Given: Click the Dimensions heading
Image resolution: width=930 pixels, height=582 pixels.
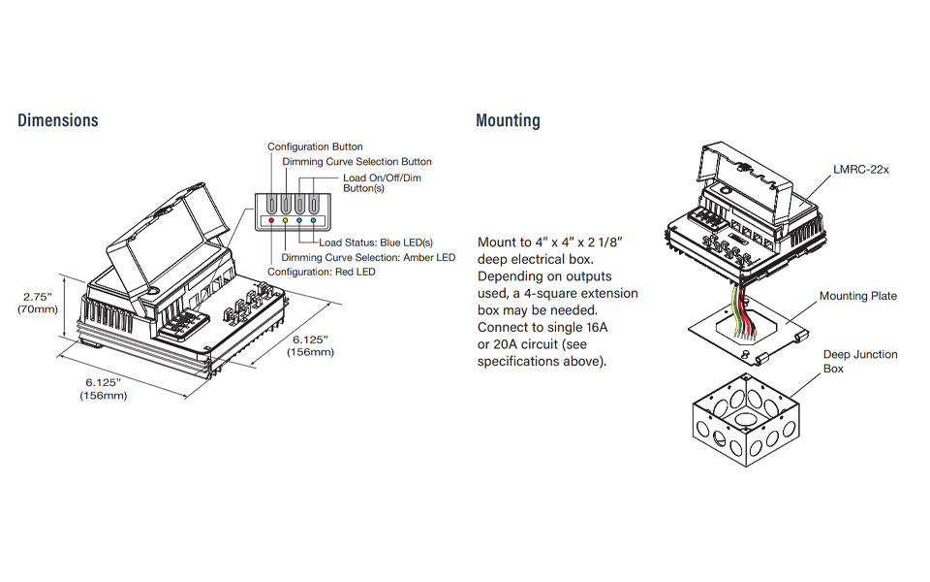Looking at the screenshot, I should [58, 120].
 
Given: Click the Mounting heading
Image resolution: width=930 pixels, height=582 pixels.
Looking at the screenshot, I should [508, 120].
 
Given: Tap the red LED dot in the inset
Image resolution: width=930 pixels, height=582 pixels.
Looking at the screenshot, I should [272, 222].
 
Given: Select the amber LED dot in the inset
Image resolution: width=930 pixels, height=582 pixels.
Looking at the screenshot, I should [286, 222].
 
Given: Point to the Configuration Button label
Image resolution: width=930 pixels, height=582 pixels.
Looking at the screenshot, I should [315, 146].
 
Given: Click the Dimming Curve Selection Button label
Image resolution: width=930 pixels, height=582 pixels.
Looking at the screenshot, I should [356, 161].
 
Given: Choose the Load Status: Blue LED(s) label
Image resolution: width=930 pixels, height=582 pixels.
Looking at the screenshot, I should [376, 242].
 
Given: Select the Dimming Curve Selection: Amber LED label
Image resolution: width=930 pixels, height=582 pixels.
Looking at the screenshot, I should [368, 257].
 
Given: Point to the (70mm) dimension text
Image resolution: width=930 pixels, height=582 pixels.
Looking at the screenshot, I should [38, 309].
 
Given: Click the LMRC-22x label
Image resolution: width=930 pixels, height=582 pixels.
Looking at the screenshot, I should [861, 170].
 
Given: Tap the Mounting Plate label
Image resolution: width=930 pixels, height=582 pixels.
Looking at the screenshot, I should [858, 296].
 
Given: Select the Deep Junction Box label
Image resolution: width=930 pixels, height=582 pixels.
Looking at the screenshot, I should [860, 361].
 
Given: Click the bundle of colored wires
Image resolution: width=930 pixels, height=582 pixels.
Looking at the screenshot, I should [744, 310].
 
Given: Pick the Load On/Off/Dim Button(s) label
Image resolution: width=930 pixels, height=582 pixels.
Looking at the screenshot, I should [382, 183].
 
